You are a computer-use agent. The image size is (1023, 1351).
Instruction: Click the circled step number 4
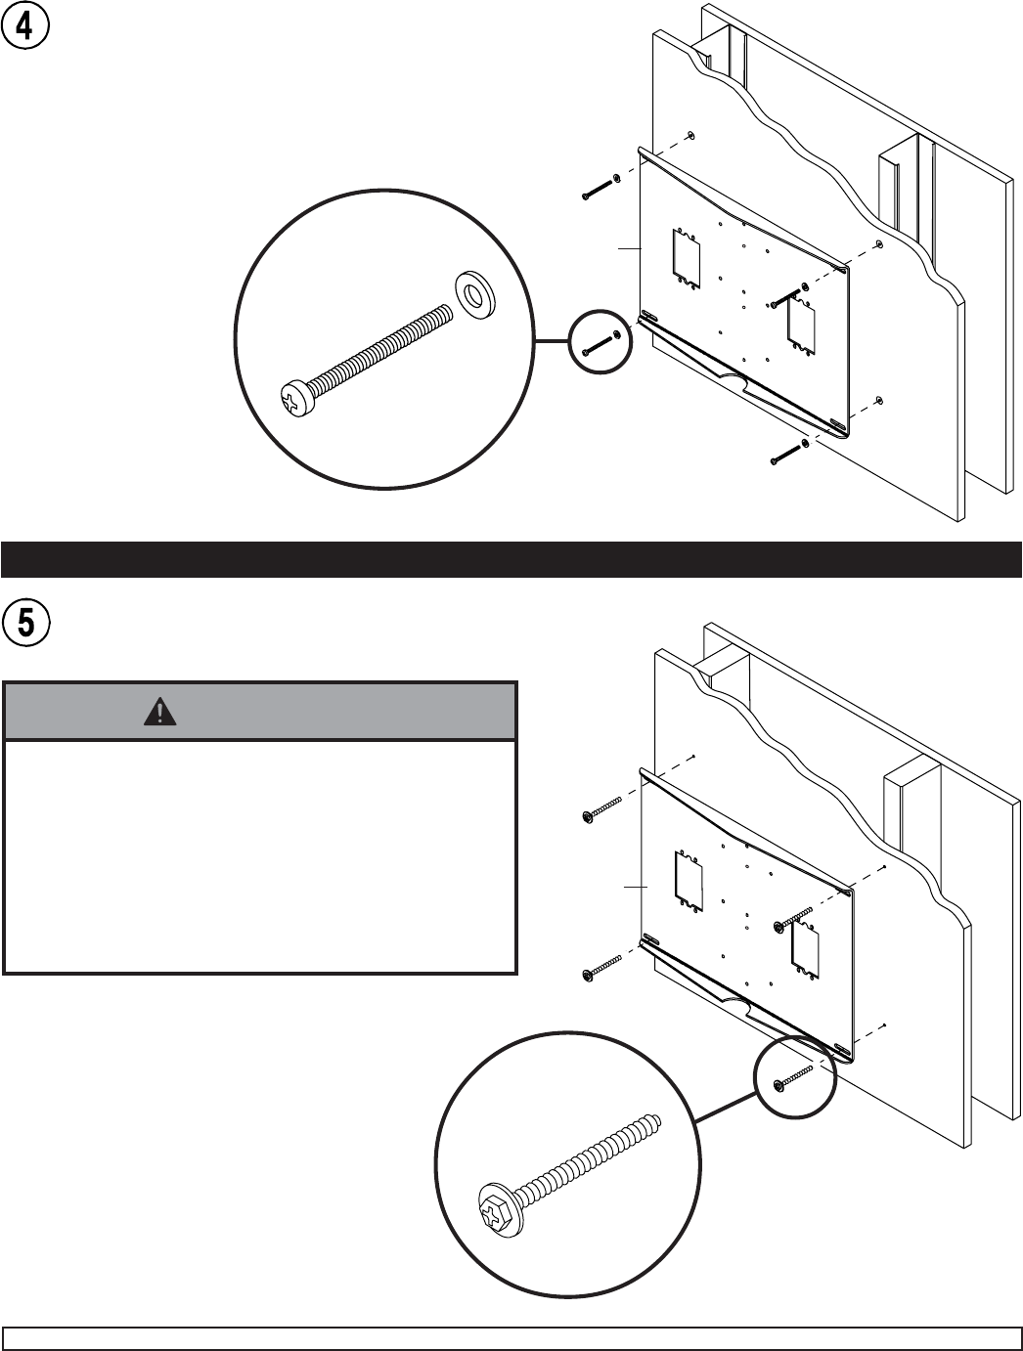[24, 26]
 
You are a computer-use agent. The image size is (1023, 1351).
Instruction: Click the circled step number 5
[25, 623]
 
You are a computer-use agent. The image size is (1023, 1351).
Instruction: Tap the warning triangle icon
[160, 712]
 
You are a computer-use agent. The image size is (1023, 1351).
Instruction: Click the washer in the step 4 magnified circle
[475, 292]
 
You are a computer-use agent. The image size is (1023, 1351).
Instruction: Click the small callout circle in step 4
[600, 341]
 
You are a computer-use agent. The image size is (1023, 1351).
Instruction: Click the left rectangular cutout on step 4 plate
[687, 258]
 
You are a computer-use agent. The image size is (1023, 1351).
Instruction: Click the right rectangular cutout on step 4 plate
[801, 326]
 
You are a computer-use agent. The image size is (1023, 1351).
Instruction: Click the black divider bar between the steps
[511, 559]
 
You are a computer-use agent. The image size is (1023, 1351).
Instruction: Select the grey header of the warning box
[260, 712]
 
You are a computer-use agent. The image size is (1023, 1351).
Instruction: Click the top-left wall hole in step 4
[690, 136]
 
